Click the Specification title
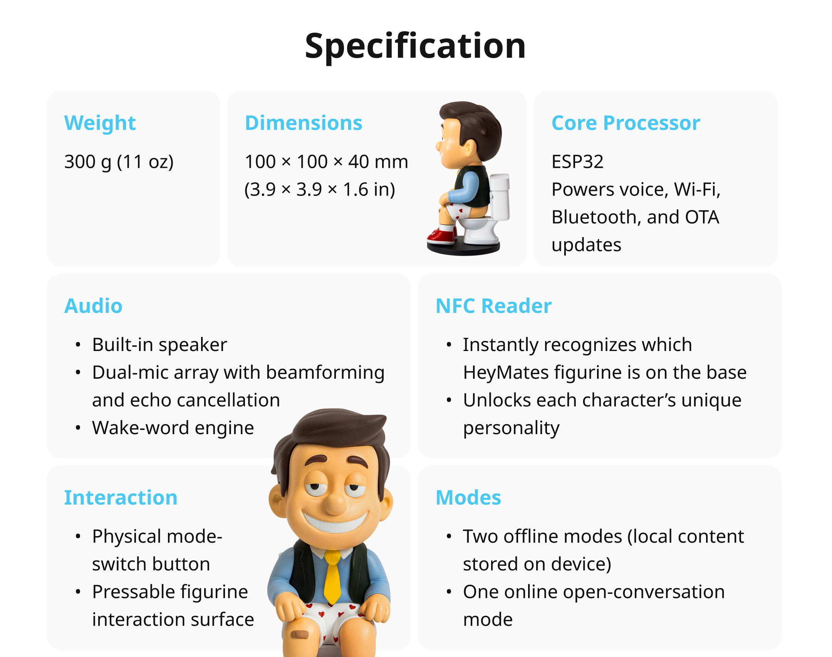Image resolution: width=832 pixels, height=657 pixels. pos(415,46)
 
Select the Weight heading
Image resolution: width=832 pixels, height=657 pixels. pos(100,123)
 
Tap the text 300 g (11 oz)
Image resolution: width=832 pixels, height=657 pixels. pos(119,162)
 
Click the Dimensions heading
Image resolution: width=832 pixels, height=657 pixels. pos(304,123)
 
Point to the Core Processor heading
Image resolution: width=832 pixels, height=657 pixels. pos(626,123)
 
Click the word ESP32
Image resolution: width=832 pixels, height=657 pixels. pos(577,162)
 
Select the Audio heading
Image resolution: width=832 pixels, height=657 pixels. pos(93,306)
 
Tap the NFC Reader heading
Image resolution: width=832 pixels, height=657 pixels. pos(493,306)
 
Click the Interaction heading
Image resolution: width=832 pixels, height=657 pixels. pos(121,498)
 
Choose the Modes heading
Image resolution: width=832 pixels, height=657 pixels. pos(468,498)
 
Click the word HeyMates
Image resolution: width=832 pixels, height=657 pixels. pos(506,373)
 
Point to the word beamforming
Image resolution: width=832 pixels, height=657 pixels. pos(325,373)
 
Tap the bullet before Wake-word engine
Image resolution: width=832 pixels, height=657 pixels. pos(78,428)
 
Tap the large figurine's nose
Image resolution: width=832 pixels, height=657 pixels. pos(336,502)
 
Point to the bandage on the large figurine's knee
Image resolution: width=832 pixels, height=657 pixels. pos(299,634)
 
